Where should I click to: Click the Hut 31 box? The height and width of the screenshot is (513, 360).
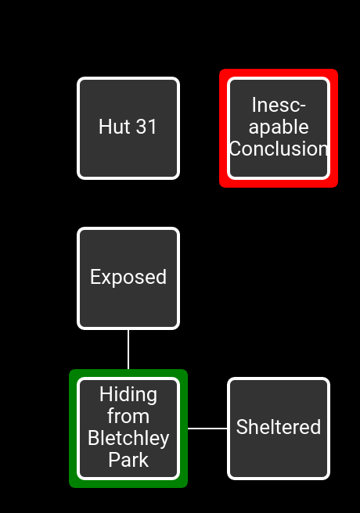[x=128, y=128]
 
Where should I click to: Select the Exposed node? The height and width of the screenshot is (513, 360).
[x=128, y=278]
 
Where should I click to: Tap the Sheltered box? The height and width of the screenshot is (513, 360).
[x=279, y=429]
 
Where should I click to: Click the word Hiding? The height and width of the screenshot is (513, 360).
[x=128, y=394]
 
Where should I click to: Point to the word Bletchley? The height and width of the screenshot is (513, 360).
[x=128, y=438]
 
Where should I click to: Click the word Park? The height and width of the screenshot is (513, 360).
[x=128, y=460]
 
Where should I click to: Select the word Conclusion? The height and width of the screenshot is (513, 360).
[x=279, y=149]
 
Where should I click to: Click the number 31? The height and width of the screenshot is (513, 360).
[x=146, y=126]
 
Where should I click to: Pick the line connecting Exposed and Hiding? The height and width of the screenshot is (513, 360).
[x=128, y=350]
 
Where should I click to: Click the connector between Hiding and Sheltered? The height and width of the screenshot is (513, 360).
[x=207, y=429]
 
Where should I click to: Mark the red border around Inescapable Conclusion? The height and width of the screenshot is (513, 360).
[x=279, y=73]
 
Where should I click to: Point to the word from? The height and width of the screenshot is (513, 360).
[x=128, y=416]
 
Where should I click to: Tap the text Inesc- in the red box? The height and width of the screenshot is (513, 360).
[x=279, y=105]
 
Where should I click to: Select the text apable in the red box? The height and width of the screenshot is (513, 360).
[x=279, y=127]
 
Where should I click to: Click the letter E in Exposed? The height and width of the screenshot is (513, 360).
[x=95, y=277]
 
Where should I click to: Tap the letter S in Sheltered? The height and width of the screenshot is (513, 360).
[x=242, y=427]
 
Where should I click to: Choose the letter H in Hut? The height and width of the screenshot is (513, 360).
[x=104, y=126]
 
